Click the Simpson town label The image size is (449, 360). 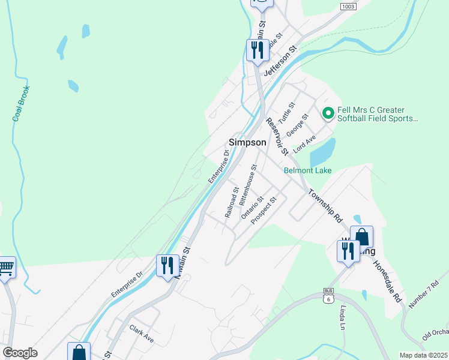tap(247, 142)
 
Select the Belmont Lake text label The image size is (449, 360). tap(307, 170)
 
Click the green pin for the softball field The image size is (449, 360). tap(328, 113)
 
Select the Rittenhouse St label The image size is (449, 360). tap(247, 182)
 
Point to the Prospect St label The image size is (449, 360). tap(264, 211)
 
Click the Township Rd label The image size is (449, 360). tap(325, 206)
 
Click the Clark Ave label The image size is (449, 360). tap(142, 334)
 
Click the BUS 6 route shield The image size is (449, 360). tap(328, 295)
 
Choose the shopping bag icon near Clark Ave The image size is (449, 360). tap(79, 352)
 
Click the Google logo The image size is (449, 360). tap(20, 353)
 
